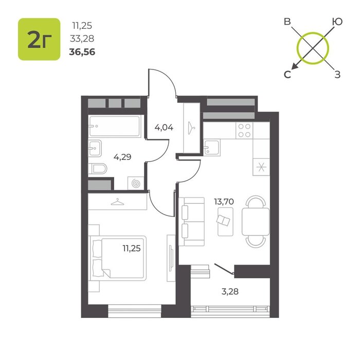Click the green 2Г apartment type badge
tap(39, 39)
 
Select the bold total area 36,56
tap(82, 52)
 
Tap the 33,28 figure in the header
tap(82, 39)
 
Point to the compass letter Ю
tap(337, 22)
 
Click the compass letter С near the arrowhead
tap(287, 75)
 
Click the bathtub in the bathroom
tap(115, 126)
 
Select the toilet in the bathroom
tap(98, 169)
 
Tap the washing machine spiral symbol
tap(136, 184)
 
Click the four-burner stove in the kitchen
tap(244, 130)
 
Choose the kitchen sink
tap(212, 148)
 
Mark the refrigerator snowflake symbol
tap(261, 167)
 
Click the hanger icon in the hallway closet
tap(191, 128)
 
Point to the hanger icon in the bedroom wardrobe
tap(117, 202)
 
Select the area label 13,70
tap(224, 202)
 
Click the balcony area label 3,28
tap(230, 292)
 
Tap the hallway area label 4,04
tap(164, 127)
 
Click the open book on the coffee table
tap(223, 221)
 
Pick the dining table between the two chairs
tap(256, 222)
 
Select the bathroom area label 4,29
tap(122, 157)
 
